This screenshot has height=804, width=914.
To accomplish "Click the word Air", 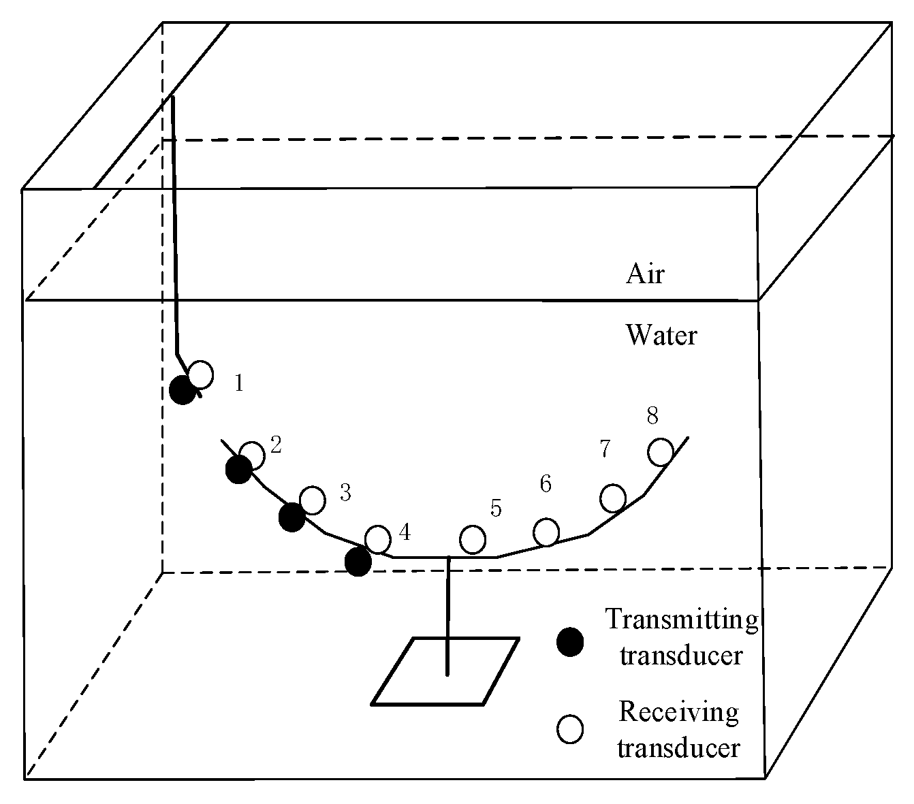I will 645,274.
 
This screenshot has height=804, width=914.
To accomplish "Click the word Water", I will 661,336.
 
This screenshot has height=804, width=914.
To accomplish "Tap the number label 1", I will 238,383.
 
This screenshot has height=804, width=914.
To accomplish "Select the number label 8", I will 652,415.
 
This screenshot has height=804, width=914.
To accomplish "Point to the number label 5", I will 496,508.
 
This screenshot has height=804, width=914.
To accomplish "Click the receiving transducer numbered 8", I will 660,452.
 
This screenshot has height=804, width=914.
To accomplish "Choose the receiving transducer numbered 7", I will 613,498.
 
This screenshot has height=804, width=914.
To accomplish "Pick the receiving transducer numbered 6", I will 546,532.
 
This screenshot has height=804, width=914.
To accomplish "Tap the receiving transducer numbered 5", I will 473,540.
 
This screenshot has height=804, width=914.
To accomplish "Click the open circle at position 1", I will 200,374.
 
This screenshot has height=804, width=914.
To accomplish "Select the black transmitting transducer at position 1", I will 182,391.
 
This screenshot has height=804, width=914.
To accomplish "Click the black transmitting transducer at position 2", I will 238,470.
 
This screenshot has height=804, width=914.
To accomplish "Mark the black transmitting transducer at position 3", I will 291,517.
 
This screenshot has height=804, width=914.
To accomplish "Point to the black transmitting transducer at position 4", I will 358,562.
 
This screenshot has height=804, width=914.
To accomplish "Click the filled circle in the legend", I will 570,642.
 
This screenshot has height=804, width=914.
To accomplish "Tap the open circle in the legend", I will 570,729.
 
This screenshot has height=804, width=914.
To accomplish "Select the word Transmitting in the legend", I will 682,620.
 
